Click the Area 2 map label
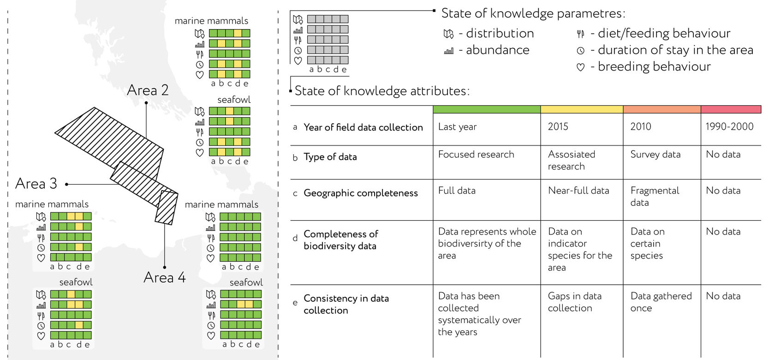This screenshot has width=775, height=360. point(148,90)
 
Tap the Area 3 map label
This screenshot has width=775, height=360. point(36,184)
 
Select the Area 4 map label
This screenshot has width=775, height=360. point(165,277)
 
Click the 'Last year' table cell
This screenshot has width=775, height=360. point(458,127)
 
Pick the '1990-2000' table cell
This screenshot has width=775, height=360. point(729,126)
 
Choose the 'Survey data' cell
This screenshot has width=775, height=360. point(655,154)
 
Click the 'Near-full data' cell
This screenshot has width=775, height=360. point(578,191)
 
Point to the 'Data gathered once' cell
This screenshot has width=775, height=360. point(661,302)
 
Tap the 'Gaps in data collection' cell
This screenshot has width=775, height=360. point(575,302)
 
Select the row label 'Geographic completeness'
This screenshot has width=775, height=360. point(361,193)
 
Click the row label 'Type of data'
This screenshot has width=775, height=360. point(330,157)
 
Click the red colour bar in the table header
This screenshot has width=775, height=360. point(731,109)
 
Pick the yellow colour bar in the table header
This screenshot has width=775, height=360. point(582,109)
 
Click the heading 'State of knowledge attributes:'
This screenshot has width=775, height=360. point(382,91)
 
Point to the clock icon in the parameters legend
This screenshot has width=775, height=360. point(580,51)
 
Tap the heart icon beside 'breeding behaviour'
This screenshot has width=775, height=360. point(580,67)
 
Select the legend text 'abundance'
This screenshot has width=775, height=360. point(497,50)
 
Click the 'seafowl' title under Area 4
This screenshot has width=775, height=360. point(246,282)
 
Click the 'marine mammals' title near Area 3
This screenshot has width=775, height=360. point(52,204)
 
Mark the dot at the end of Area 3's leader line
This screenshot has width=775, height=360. point(66,185)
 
